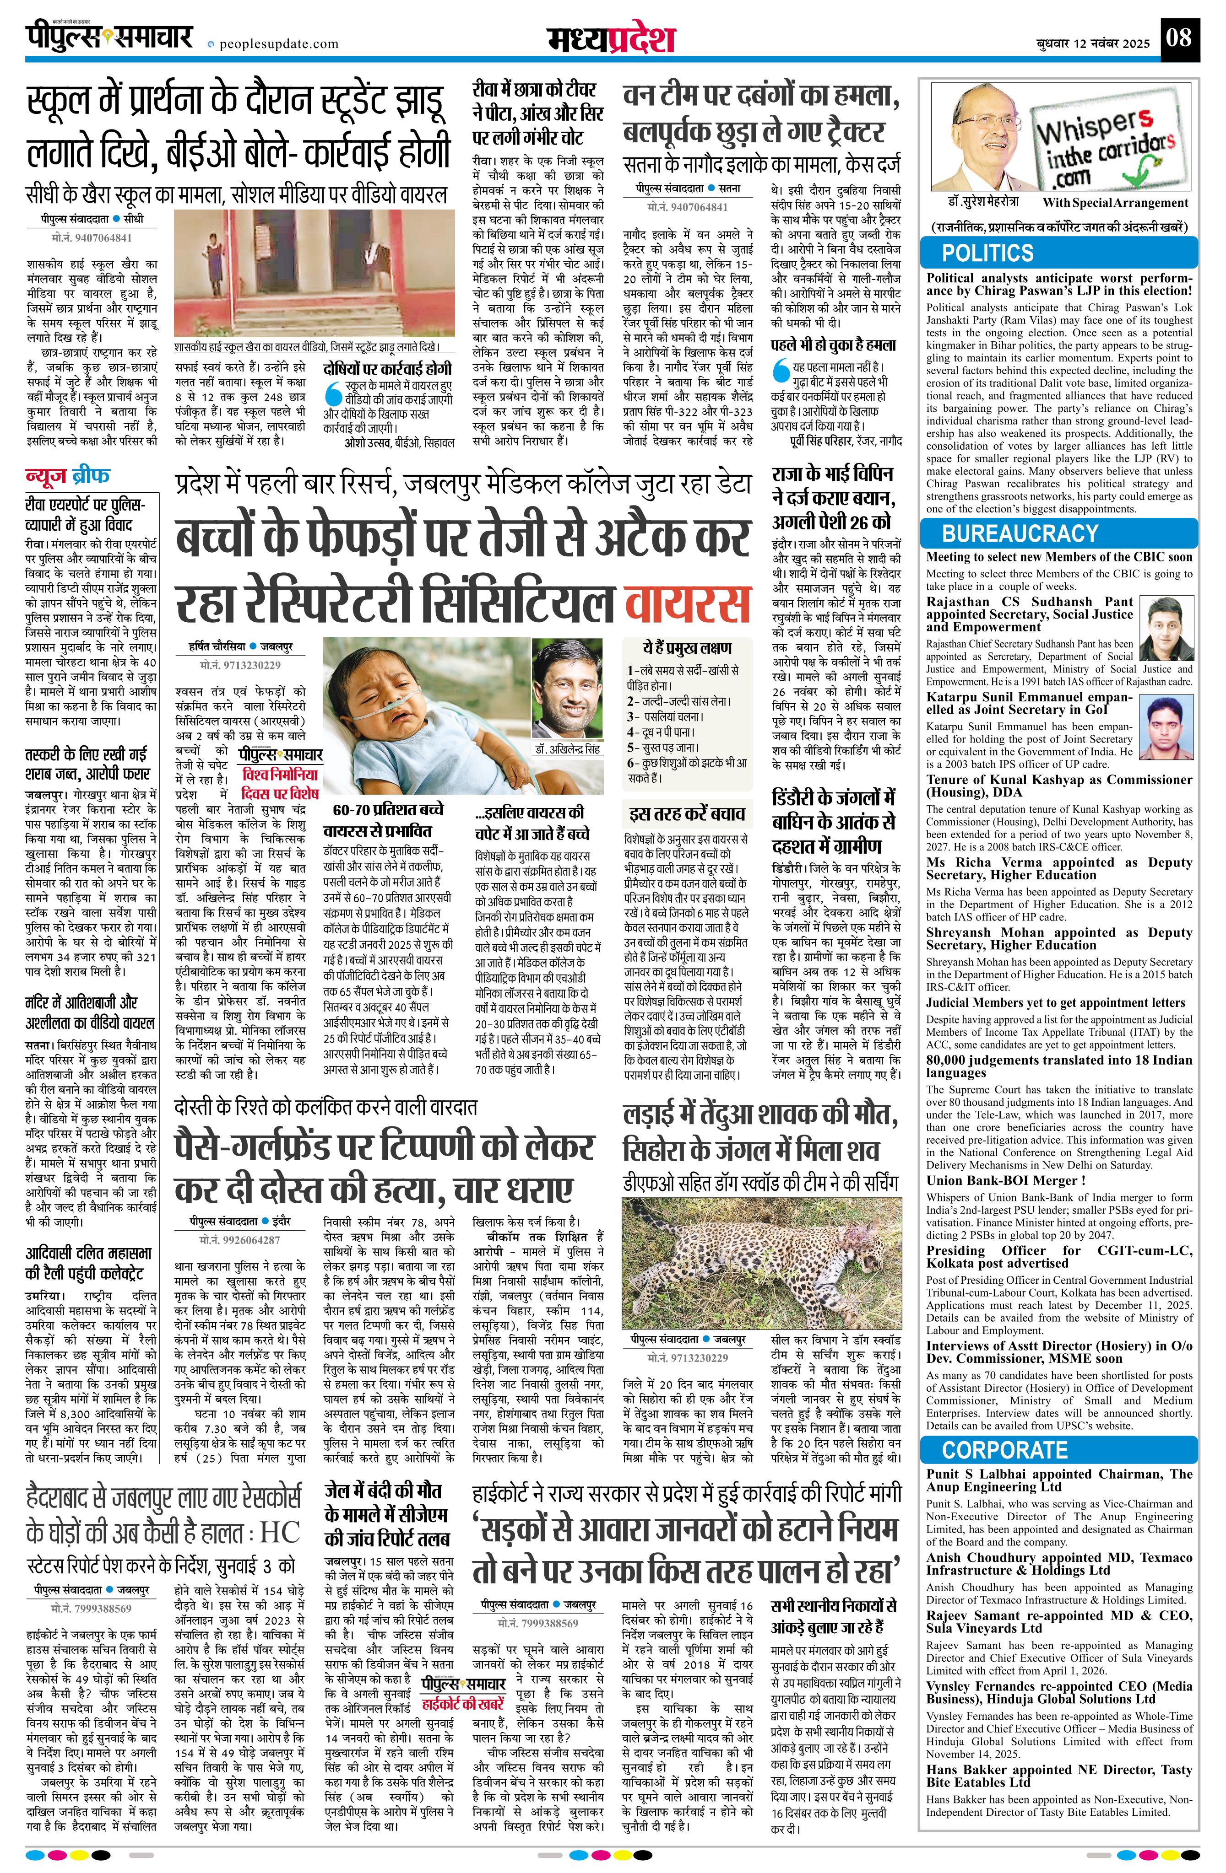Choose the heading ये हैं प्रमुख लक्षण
point(687,648)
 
